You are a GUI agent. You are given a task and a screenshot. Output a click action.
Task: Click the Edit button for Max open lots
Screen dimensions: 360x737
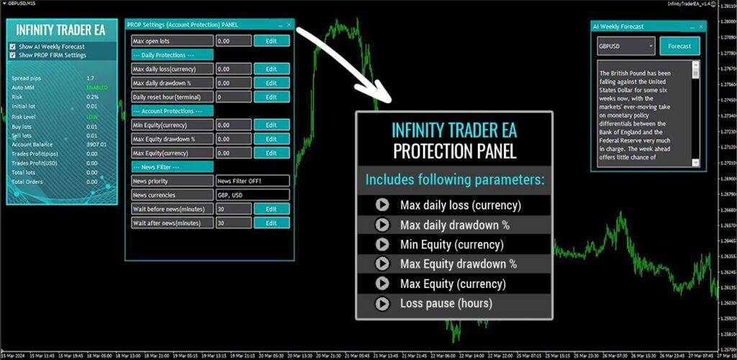(x=271, y=41)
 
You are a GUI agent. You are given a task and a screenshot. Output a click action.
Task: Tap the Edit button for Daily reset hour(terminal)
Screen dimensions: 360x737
(x=271, y=96)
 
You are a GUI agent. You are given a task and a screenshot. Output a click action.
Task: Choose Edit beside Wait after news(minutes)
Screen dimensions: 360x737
(x=271, y=223)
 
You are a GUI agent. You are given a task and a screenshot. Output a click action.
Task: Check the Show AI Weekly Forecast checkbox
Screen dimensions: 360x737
(x=13, y=47)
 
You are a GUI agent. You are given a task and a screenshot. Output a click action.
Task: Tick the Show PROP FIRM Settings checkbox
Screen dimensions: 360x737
(x=13, y=55)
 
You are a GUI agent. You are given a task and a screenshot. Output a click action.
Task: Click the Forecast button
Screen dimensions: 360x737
(x=679, y=46)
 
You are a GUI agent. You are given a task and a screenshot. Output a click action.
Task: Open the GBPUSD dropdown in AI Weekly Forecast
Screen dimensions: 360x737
(x=626, y=46)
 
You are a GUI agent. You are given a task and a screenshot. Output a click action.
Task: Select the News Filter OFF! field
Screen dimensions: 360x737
(x=252, y=181)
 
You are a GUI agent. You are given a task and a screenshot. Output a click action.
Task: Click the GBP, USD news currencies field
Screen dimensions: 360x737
(x=252, y=195)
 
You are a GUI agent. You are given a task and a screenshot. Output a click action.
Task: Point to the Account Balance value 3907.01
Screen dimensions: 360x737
(x=96, y=144)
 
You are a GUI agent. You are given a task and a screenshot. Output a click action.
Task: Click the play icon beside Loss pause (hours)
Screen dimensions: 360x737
(x=382, y=303)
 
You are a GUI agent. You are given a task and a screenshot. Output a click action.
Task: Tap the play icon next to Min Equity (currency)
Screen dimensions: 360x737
(x=382, y=244)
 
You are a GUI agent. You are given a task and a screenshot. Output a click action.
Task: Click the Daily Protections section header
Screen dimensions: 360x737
(x=172, y=55)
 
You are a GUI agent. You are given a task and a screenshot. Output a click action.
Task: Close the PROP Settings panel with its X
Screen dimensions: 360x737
(x=289, y=24)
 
